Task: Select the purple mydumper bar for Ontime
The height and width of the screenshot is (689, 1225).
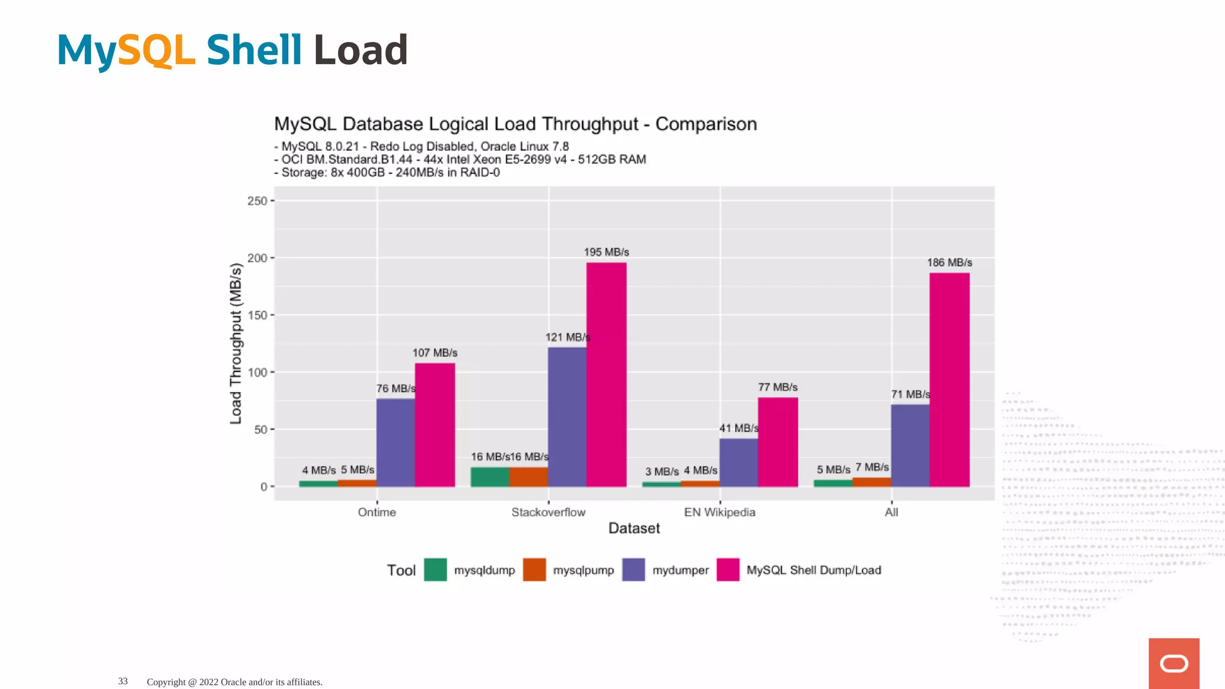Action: [x=395, y=443]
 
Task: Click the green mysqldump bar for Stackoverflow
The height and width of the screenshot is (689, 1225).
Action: [x=490, y=477]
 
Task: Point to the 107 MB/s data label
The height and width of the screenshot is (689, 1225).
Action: [x=435, y=353]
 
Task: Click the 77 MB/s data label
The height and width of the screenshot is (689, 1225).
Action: [x=778, y=388]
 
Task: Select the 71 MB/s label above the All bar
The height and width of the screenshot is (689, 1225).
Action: [x=910, y=395]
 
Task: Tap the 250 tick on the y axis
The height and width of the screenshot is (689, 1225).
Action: [x=257, y=201]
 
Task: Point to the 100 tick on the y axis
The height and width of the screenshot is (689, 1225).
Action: [x=257, y=373]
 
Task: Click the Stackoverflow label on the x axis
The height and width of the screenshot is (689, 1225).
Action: [x=548, y=513]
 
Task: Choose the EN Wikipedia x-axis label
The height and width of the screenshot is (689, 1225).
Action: [x=720, y=513]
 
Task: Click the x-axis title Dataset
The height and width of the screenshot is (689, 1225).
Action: [x=634, y=529]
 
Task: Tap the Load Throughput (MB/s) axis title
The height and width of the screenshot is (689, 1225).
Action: [x=236, y=344]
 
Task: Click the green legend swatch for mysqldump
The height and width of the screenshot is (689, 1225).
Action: [x=435, y=570]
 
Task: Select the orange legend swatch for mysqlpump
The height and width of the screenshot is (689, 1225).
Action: [x=534, y=570]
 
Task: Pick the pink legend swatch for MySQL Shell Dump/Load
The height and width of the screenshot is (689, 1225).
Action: [x=728, y=570]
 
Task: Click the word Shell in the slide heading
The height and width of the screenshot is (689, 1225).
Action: [x=254, y=50]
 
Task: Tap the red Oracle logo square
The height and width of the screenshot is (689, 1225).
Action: [x=1174, y=663]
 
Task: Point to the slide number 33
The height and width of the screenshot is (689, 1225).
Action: [x=123, y=681]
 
